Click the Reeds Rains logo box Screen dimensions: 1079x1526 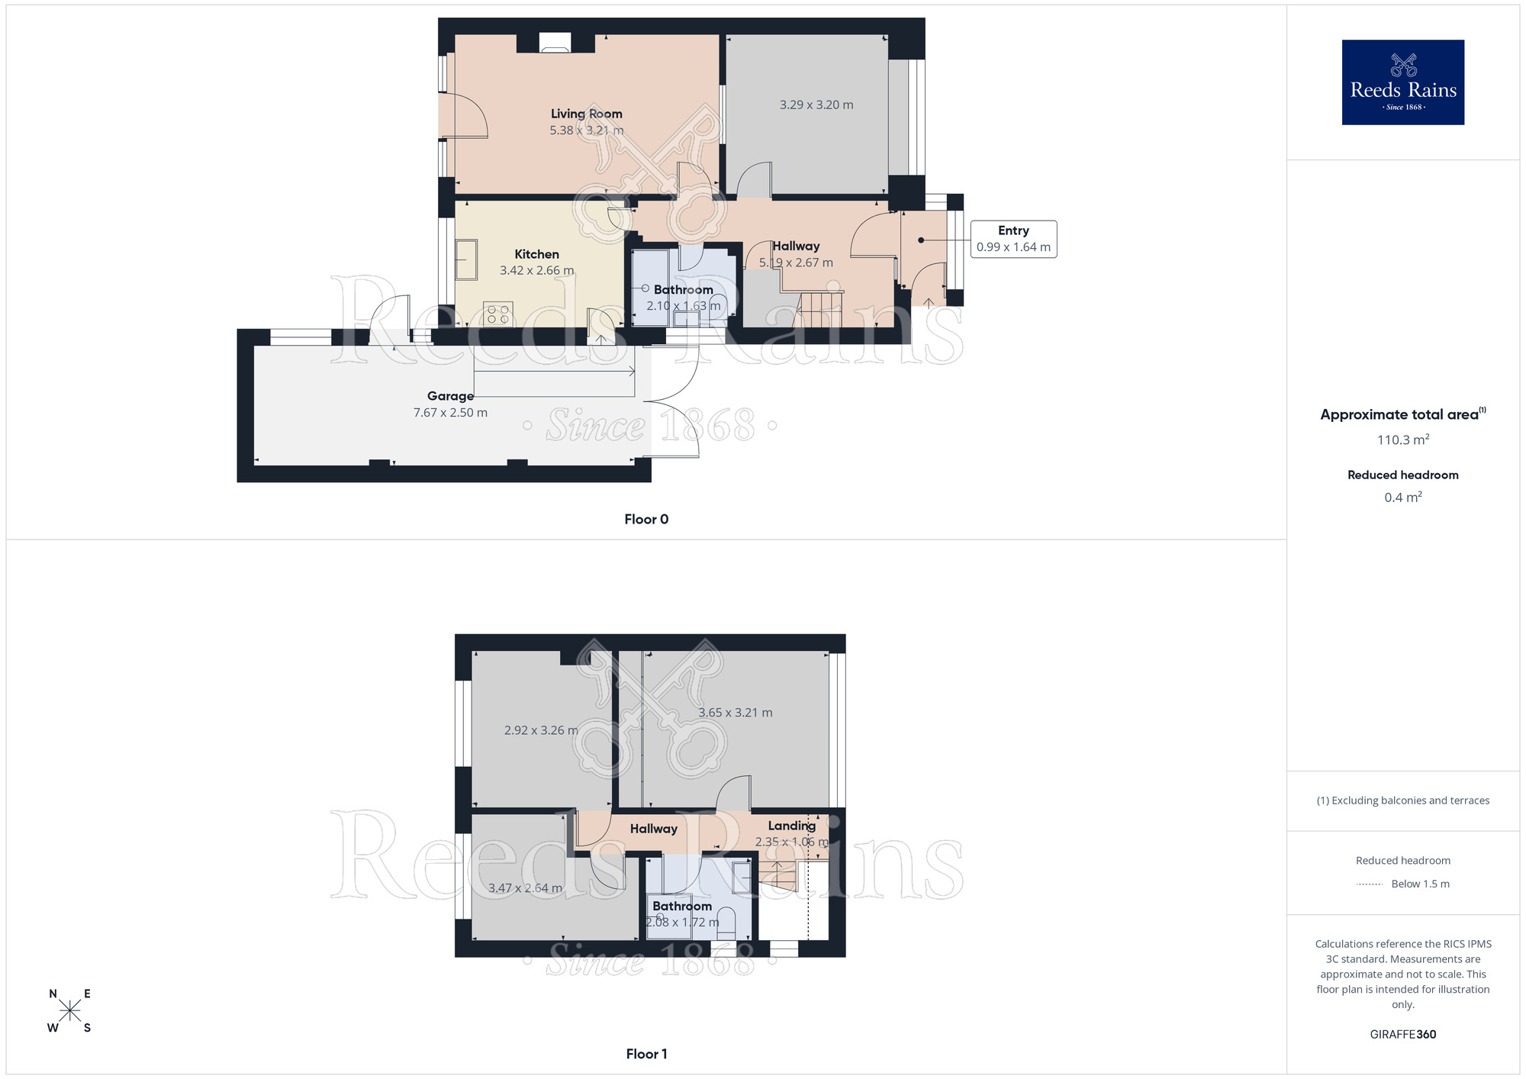click(1402, 82)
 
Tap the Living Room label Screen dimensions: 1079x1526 click(586, 114)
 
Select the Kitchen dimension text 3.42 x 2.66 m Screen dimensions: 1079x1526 click(536, 270)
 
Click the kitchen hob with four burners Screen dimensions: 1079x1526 click(497, 314)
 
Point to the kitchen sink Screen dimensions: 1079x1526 click(466, 259)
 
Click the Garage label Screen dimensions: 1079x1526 click(450, 396)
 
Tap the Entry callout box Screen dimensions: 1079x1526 click(1013, 239)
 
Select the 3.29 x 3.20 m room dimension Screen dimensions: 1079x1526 click(816, 105)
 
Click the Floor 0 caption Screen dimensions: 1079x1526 click(646, 519)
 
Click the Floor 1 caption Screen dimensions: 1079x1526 click(646, 1054)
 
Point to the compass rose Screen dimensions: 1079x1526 click(69, 1011)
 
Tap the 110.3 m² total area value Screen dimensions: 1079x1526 click(1402, 440)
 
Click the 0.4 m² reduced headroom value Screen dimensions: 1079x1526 click(1402, 498)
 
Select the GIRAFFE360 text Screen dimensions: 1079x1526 click(1402, 1034)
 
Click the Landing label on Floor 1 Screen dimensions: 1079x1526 click(791, 826)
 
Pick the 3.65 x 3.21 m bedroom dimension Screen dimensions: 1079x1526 click(735, 713)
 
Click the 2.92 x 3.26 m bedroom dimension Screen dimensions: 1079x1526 click(540, 730)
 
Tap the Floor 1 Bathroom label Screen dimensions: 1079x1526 click(681, 906)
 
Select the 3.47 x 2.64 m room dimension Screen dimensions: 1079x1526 click(525, 888)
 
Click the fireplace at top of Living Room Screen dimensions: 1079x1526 click(555, 43)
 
